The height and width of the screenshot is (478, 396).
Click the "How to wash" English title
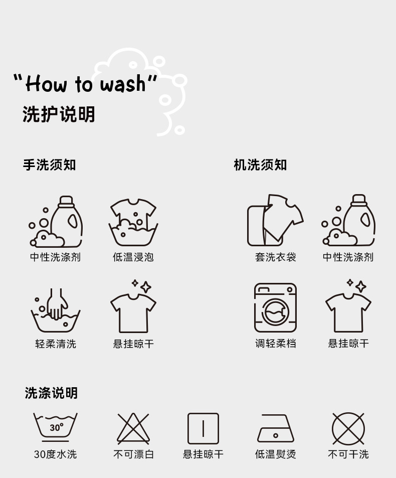[x=85, y=83]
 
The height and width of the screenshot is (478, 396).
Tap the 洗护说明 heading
[x=59, y=114]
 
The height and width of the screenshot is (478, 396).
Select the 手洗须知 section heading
[x=49, y=165]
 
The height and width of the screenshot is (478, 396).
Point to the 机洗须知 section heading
[x=260, y=165]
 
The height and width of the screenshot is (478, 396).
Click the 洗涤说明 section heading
[x=51, y=393]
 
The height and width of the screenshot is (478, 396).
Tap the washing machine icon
[x=275, y=308]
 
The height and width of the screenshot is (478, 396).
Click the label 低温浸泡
[x=133, y=257]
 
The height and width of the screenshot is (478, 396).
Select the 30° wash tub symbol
[x=55, y=427]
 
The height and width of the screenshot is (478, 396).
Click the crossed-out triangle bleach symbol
[x=133, y=428]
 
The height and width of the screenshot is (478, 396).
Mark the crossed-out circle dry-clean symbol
[x=348, y=428]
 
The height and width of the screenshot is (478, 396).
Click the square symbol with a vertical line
[x=203, y=428]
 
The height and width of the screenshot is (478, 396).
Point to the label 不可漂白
[x=133, y=454]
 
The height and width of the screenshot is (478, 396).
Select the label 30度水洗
[x=55, y=454]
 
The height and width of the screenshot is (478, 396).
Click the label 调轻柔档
[x=275, y=344]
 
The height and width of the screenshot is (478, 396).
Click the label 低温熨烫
[x=275, y=454]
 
